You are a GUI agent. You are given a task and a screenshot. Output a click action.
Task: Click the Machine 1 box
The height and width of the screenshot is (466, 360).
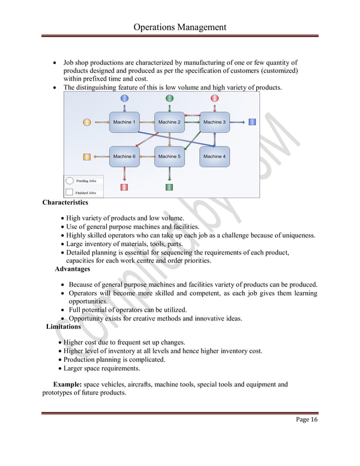tap(124, 122)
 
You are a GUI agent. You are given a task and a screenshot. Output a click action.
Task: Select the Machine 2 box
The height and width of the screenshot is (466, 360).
tap(169, 122)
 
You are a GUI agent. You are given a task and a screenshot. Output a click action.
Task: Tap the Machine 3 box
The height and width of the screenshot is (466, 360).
tap(214, 122)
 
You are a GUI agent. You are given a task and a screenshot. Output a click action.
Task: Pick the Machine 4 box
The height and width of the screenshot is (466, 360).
tap(214, 156)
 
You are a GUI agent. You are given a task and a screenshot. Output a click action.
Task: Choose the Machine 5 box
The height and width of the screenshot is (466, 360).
tap(169, 156)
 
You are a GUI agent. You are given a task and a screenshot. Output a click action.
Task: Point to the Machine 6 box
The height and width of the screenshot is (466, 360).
tap(124, 156)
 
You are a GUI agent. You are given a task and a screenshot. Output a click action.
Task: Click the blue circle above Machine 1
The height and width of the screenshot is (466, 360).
tap(124, 99)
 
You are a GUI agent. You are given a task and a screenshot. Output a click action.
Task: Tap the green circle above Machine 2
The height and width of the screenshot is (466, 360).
tap(169, 99)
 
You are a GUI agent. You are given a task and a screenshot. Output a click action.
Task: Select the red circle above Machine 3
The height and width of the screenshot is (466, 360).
tap(214, 99)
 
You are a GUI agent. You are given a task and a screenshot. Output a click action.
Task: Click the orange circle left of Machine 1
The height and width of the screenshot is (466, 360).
tap(86, 122)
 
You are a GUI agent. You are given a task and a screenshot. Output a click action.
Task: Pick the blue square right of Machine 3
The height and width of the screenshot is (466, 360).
tap(252, 122)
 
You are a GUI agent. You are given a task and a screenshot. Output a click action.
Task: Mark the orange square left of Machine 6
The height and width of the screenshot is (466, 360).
tap(86, 156)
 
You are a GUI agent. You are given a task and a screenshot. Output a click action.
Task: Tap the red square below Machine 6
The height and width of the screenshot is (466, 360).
tap(124, 187)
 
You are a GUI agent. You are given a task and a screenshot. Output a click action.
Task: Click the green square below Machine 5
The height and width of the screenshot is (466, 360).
tap(169, 187)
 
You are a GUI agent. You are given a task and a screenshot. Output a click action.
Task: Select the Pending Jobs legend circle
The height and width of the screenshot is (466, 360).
tap(69, 181)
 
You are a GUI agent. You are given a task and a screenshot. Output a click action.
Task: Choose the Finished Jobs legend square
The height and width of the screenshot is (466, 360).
tap(69, 192)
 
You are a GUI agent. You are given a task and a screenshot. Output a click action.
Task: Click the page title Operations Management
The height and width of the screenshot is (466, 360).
tap(180, 27)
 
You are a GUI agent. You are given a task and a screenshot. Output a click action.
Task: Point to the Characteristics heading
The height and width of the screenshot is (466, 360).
tap(65, 203)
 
